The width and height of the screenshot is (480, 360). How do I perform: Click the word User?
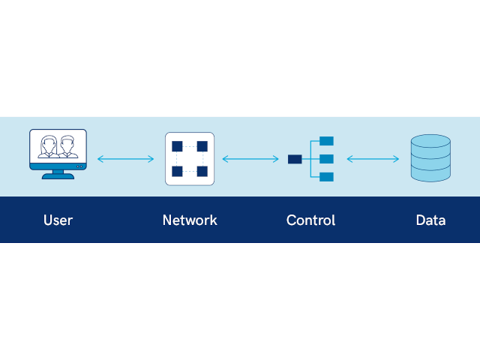pos(58,220)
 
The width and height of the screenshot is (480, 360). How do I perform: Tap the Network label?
pos(190,220)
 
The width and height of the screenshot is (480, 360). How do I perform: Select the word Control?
pos(310,220)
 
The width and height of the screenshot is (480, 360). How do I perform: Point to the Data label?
pos(430,220)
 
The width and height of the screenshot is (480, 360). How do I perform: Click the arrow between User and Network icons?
pos(125,159)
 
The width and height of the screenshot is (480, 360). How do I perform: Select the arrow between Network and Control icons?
pos(250,159)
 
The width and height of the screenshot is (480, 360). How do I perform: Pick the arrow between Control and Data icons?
pos(373,159)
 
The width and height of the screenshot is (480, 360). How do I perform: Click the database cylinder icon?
pos(430,158)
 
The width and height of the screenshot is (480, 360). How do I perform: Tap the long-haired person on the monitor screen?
pos(49,147)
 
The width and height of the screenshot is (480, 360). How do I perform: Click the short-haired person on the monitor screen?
pos(67,147)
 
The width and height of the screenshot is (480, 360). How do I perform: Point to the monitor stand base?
pos(58,176)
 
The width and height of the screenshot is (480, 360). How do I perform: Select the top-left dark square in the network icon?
pos(177,146)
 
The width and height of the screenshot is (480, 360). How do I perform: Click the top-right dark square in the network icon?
pos(202,146)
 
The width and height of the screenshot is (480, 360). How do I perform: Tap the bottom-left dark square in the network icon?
pos(177,172)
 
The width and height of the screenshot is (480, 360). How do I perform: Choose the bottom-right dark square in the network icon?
pos(202,172)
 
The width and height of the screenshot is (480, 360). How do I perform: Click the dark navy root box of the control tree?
pos(295,159)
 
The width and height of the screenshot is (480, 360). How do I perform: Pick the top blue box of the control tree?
pos(327,141)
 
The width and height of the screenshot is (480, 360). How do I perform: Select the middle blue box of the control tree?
pos(327,159)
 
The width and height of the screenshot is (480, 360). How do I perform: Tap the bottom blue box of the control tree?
pos(327,177)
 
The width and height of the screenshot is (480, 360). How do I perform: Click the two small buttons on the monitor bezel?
pos(79,166)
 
